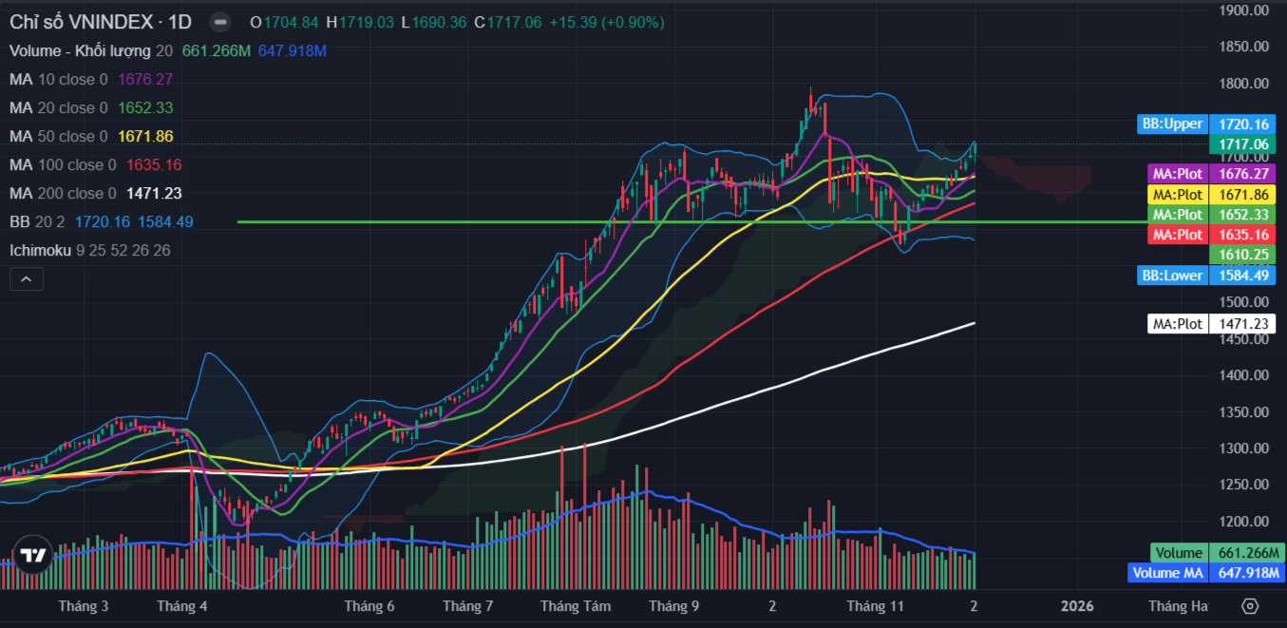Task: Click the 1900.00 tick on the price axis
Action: coord(1245,10)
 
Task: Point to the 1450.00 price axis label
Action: coord(1245,339)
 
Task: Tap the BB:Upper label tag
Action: coord(1172,124)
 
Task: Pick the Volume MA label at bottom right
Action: coord(1166,573)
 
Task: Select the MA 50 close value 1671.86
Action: coord(145,136)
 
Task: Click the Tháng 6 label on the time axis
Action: coord(369,606)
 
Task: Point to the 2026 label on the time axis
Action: coord(1077,606)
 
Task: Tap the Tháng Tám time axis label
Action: coord(576,606)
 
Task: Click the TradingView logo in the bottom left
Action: coord(32,557)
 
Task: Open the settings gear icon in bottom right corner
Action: coord(1250,606)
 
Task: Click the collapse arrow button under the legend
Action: coord(27,279)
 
